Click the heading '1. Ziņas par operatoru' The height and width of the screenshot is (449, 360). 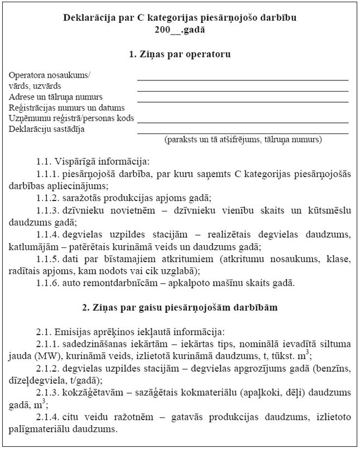(180, 55)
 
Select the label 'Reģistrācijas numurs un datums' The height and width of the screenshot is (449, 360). (66, 107)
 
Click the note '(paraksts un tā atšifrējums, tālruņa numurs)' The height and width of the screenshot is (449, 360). (243, 139)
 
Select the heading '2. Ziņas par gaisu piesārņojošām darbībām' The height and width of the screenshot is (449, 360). (180, 307)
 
